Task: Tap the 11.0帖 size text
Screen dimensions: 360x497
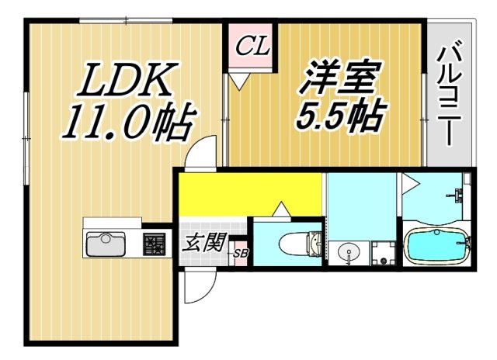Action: click(129, 123)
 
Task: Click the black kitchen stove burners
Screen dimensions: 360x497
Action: click(155, 246)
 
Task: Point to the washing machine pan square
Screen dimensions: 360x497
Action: click(381, 253)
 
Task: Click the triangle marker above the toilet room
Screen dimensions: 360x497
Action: click(280, 209)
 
